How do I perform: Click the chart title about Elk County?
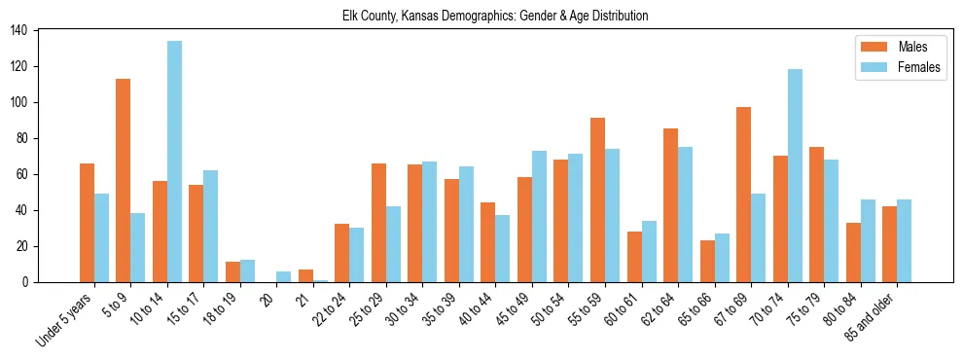click(495, 17)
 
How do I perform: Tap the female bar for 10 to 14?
click(174, 162)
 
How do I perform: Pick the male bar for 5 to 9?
click(124, 180)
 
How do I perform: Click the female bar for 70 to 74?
click(795, 175)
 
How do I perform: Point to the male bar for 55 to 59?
click(597, 199)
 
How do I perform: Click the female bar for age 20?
click(283, 277)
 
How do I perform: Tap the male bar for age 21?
click(305, 276)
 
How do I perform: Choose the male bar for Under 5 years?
click(87, 223)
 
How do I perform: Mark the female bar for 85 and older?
click(904, 241)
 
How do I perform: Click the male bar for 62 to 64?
click(670, 205)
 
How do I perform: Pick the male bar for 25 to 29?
click(378, 223)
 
